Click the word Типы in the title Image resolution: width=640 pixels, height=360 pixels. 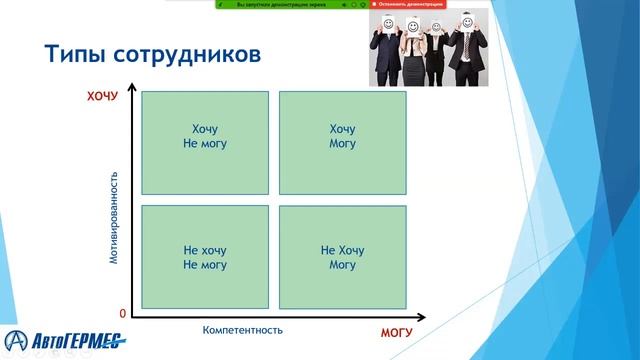tap(75, 54)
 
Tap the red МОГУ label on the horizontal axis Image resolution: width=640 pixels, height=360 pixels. tap(396, 330)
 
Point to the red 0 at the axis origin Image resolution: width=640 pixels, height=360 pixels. tap(122, 313)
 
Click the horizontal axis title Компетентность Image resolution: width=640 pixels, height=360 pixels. tap(243, 329)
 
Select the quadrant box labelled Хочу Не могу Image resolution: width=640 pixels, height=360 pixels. tap(205, 143)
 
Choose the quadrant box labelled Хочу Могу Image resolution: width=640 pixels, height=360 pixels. tap(342, 143)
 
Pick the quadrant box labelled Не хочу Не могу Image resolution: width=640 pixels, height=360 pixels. tap(205, 257)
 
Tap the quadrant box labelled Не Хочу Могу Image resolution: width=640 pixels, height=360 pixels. tap(342, 257)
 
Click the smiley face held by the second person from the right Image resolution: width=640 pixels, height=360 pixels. tap(437, 27)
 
